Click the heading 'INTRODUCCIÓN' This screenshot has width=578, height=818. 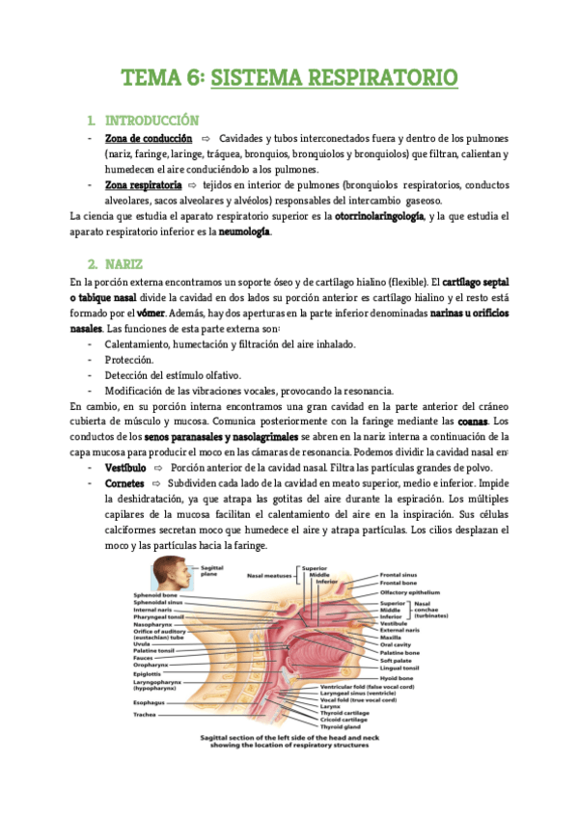[x=164, y=122]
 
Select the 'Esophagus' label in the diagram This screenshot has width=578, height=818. [x=149, y=675]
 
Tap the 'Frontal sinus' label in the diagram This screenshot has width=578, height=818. [x=398, y=576]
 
